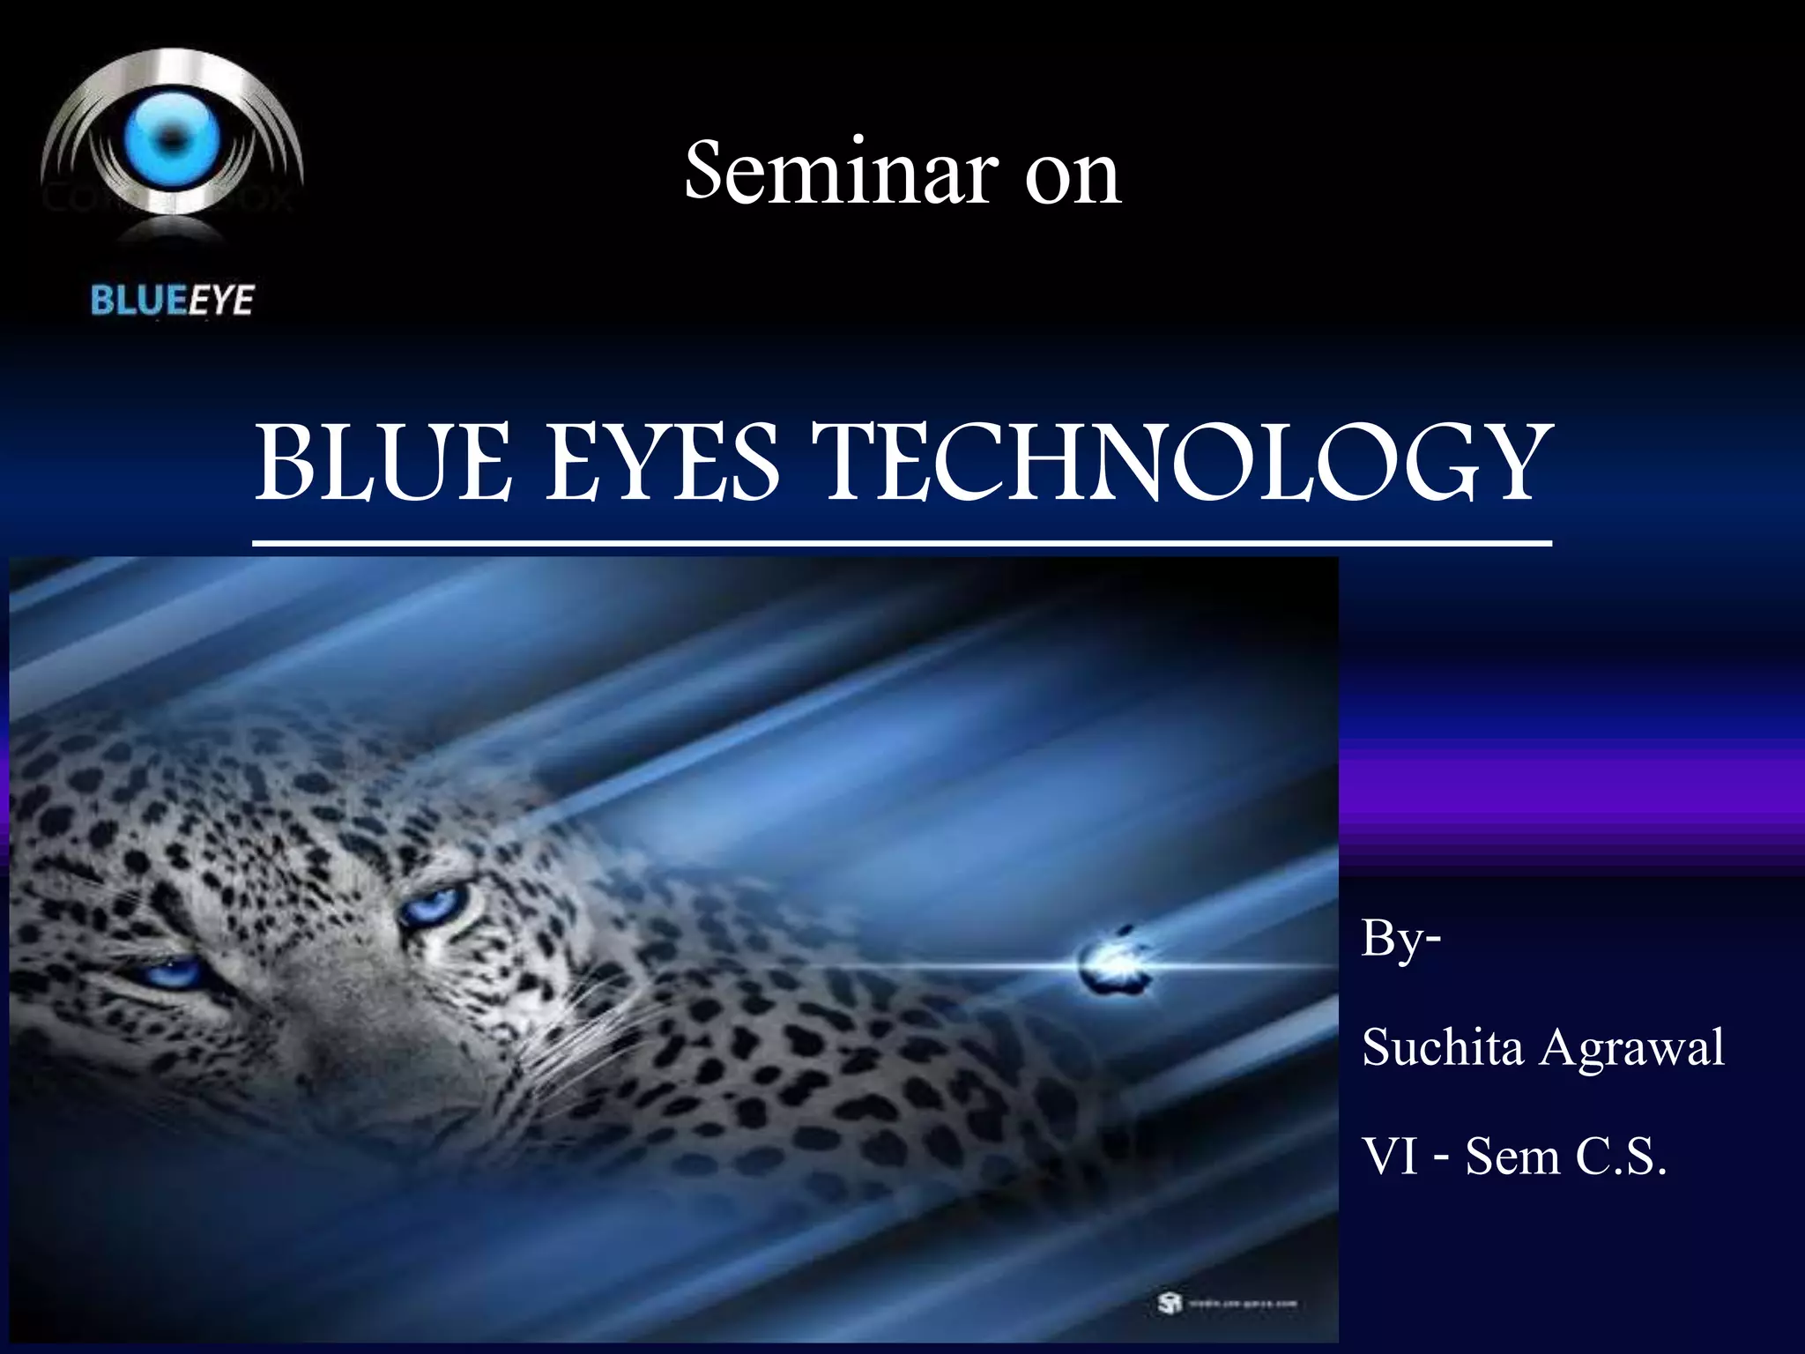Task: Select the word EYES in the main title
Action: coord(662,462)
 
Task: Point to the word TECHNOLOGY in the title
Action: coord(1187,464)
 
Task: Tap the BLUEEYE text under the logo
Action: coord(172,301)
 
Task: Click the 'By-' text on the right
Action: coord(1401,938)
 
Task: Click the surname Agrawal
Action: coord(1632,1049)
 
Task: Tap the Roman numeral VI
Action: coord(1392,1156)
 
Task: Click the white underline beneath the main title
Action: coord(902,542)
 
